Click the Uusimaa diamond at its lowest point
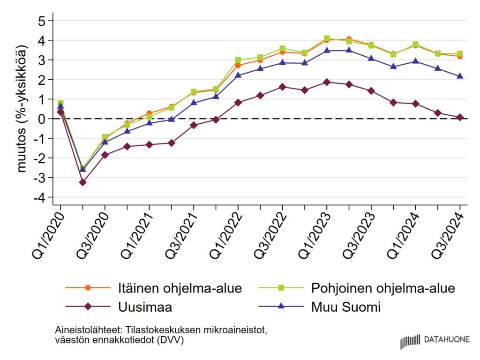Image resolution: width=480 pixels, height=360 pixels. (x=82, y=182)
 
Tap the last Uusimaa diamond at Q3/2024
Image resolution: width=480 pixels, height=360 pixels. (x=460, y=117)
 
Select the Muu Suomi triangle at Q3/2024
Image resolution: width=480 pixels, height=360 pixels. (x=460, y=76)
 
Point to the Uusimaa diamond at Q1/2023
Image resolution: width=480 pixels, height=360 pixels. (x=327, y=82)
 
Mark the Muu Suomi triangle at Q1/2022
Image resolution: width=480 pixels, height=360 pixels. (x=238, y=75)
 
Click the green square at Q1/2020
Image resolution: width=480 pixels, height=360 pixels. (x=60, y=103)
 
